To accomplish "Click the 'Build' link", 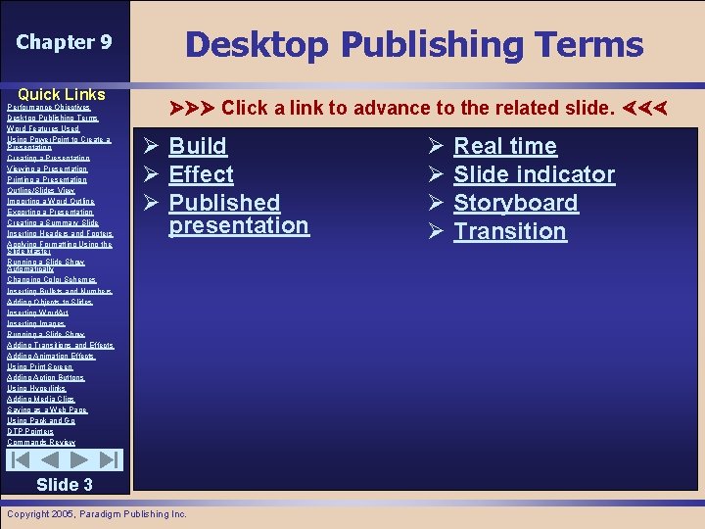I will (198, 146).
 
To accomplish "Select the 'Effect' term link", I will (201, 174).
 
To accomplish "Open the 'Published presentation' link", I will (238, 214).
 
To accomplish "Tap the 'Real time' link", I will (504, 146).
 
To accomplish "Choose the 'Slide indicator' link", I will (534, 174).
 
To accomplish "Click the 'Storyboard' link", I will (515, 203).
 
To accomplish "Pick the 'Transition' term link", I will (509, 231).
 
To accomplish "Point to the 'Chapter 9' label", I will (64, 42).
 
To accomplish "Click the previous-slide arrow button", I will (50, 459).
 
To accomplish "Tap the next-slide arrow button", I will (80, 459).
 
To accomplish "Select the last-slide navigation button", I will (110, 459).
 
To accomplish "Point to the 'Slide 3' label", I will (64, 484).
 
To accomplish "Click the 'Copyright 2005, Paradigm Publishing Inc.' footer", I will (96, 513).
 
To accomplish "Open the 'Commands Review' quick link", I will (41, 442).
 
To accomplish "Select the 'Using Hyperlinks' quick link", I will (37, 388).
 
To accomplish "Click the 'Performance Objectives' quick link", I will (48, 107).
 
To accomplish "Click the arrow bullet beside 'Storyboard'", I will (436, 203).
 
